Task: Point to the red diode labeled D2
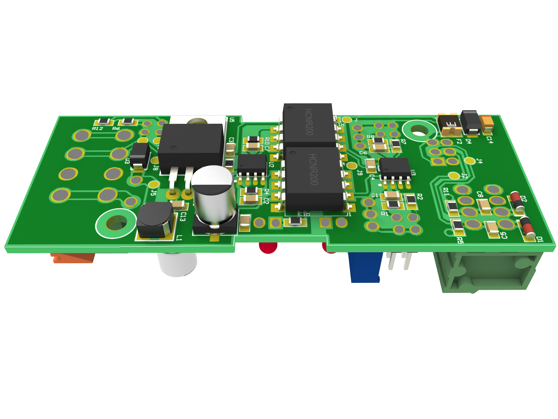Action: click(517, 202)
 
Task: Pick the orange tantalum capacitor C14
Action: click(487, 124)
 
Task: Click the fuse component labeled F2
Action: click(450, 124)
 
